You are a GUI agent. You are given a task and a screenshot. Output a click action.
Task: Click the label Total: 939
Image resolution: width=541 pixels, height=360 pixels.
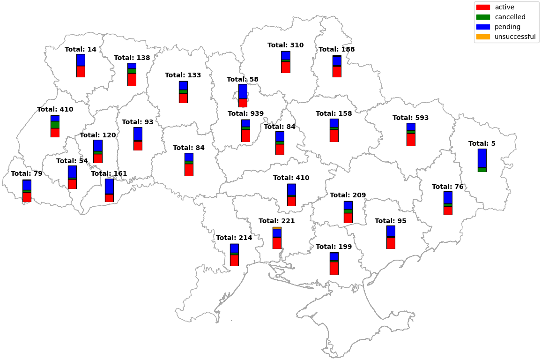pyautogui.click(x=245, y=113)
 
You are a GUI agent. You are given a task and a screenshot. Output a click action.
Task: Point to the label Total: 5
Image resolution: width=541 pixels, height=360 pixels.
pyautogui.click(x=482, y=143)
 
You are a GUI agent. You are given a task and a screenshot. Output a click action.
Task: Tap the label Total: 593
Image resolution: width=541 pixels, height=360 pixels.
pyautogui.click(x=410, y=118)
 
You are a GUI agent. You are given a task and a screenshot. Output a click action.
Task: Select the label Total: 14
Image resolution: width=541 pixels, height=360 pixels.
pyautogui.click(x=81, y=49)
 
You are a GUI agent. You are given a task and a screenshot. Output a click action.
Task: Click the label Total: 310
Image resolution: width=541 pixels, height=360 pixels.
pyautogui.click(x=285, y=45)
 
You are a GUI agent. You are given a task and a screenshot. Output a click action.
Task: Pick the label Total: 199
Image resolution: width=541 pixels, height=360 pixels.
pyautogui.click(x=333, y=247)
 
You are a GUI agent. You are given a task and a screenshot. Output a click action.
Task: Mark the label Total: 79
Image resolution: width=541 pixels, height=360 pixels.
pyautogui.click(x=27, y=173)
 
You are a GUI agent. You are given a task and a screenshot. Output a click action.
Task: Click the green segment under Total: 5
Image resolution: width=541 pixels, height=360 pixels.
pyautogui.click(x=482, y=170)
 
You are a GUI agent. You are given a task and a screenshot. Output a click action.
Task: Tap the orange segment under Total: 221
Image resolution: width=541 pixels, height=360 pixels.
pyautogui.click(x=277, y=228)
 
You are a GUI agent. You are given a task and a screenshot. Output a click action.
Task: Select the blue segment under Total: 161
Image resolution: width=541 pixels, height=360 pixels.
pyautogui.click(x=109, y=186)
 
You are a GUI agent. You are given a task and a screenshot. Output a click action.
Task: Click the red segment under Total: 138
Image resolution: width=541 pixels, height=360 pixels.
pyautogui.click(x=132, y=80)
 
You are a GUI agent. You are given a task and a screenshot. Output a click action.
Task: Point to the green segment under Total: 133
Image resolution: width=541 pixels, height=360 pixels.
pyautogui.click(x=183, y=92)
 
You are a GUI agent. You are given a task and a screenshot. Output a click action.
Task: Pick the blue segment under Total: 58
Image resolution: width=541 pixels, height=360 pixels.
pyautogui.click(x=243, y=91)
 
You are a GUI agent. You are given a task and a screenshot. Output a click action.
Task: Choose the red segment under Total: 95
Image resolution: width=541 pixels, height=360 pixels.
pyautogui.click(x=391, y=243)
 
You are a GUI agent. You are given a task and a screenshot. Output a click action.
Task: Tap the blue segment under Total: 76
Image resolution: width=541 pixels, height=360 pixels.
pyautogui.click(x=448, y=197)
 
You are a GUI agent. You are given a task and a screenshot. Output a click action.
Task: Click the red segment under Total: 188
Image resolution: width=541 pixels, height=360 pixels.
pyautogui.click(x=337, y=72)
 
